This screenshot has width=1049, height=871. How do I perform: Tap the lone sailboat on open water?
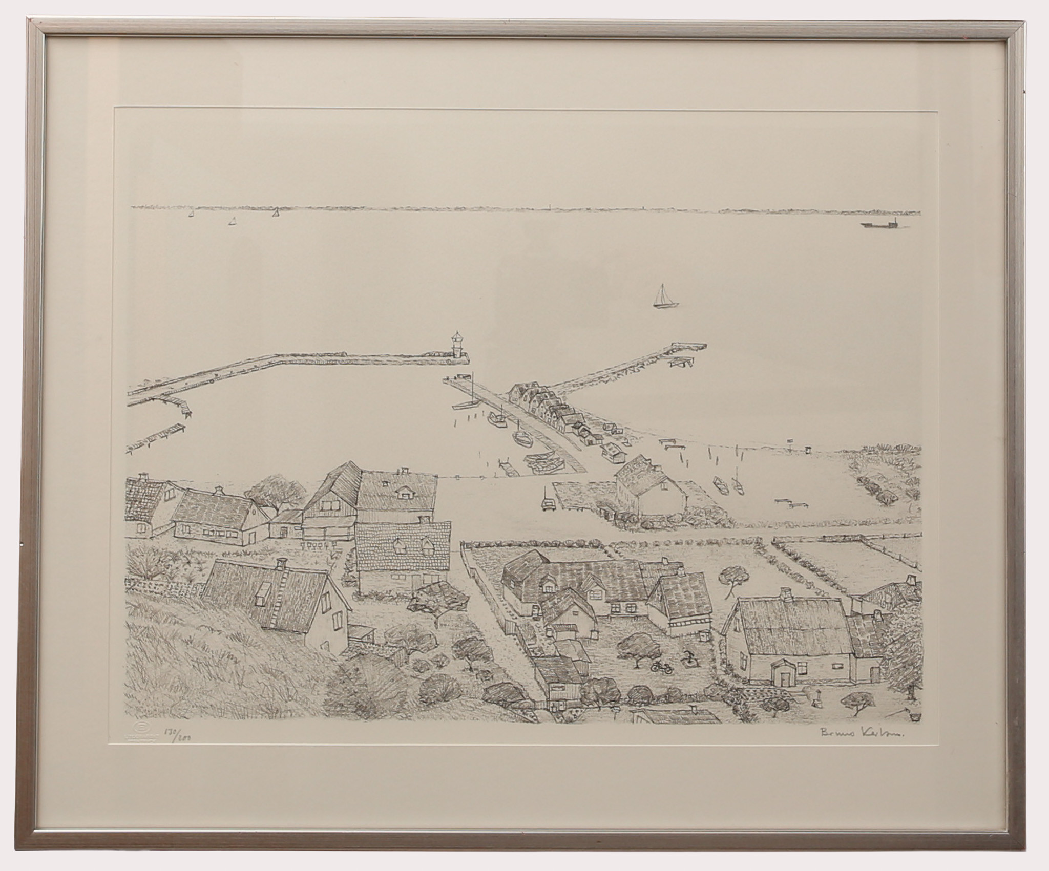[664, 298]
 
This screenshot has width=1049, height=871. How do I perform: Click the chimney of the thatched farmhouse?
[785, 594]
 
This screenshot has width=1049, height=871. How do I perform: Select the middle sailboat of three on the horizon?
[233, 221]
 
